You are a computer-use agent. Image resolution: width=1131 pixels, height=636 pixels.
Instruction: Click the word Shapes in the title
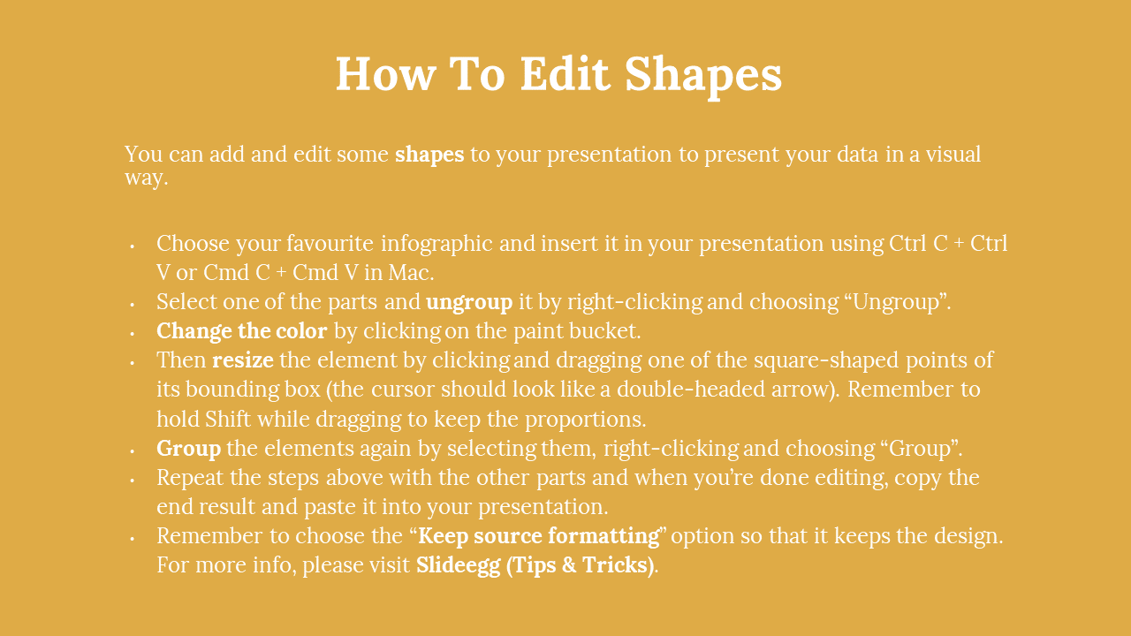(703, 75)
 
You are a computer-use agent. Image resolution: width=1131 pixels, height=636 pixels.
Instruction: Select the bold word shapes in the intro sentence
(429, 155)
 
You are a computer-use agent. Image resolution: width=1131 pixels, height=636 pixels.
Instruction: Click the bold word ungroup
(469, 303)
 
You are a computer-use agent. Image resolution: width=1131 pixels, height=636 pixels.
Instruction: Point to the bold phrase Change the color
(242, 331)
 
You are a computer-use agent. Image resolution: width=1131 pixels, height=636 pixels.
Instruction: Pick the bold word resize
(243, 360)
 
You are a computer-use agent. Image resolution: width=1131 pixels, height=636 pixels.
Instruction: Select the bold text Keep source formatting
(539, 536)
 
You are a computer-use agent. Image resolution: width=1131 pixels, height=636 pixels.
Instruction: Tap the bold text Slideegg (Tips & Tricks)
(535, 565)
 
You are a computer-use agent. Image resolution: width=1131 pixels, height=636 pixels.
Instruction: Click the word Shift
(228, 419)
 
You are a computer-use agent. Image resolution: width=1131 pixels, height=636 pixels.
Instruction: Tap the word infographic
(436, 244)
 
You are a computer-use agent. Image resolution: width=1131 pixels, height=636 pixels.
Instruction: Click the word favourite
(330, 244)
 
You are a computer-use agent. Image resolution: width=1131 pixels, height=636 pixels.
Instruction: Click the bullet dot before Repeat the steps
(133, 481)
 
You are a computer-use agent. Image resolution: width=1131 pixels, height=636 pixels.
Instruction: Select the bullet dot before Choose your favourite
(133, 246)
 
